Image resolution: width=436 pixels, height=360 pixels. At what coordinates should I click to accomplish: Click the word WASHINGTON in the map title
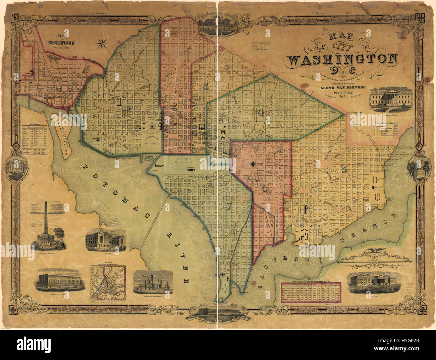[342, 60]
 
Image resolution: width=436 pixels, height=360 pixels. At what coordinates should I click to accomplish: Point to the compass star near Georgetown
[103, 44]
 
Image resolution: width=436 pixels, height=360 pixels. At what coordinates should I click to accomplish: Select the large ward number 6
[343, 169]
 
